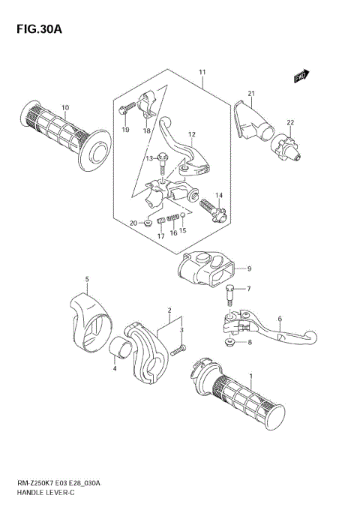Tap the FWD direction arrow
[301, 74]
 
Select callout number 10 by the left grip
[65, 107]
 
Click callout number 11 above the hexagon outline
[202, 72]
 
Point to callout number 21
[252, 94]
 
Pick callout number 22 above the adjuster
[289, 122]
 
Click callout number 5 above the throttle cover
[86, 280]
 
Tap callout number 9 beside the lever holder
[249, 269]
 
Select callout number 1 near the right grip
[250, 376]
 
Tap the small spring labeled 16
[173, 219]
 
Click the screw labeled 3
[178, 349]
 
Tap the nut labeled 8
[230, 342]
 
